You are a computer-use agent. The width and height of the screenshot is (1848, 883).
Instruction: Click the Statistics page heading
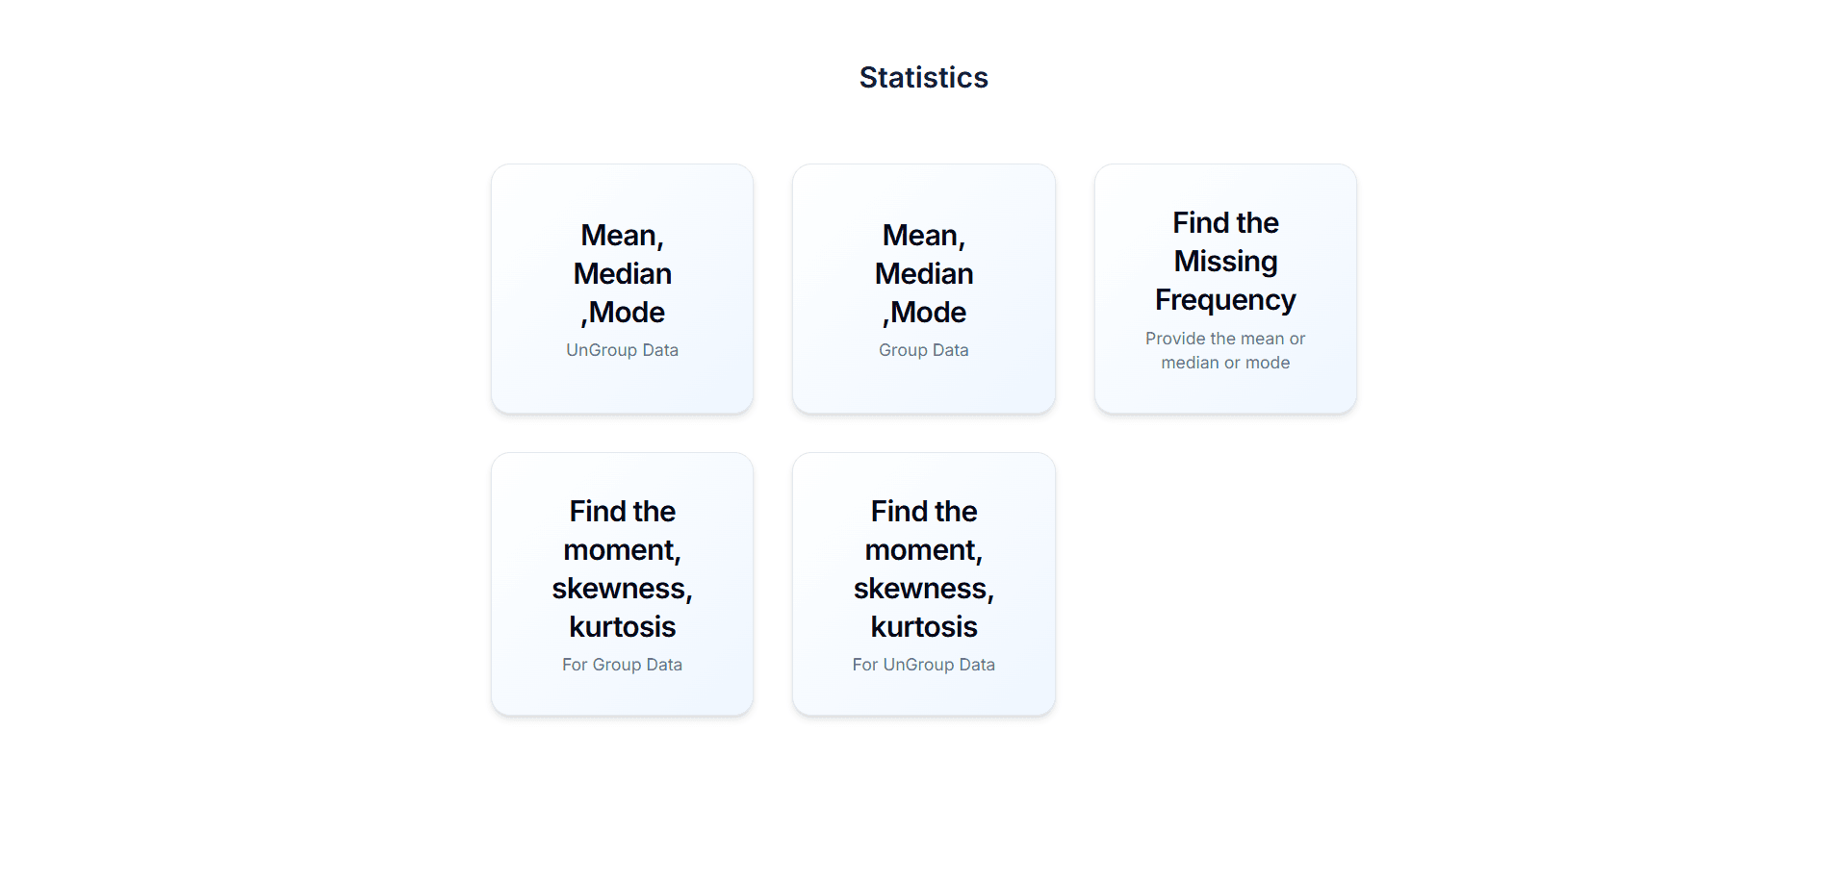tap(923, 77)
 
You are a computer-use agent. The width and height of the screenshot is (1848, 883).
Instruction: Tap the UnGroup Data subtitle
tap(622, 350)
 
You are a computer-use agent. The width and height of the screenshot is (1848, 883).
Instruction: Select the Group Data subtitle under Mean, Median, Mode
tap(923, 350)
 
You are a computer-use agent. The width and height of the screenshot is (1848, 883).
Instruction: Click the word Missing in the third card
tap(1225, 262)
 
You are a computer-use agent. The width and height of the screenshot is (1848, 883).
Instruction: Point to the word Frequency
tap(1225, 300)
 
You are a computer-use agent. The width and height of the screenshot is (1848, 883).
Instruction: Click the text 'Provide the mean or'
tap(1225, 339)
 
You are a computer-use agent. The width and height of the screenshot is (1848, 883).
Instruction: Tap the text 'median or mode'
tap(1225, 363)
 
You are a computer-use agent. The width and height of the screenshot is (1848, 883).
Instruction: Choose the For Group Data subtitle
tap(622, 665)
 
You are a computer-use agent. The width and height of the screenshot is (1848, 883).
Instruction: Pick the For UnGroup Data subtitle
tap(923, 665)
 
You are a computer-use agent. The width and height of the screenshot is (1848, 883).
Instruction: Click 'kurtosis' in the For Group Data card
tap(622, 627)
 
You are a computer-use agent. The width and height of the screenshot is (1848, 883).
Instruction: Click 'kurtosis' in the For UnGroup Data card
tap(923, 627)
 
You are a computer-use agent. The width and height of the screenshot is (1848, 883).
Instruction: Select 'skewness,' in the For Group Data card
tap(622, 589)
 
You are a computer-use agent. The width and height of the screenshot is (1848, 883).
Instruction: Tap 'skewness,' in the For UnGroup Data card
tap(923, 589)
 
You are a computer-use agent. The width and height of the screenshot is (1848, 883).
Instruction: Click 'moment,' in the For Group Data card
tap(622, 550)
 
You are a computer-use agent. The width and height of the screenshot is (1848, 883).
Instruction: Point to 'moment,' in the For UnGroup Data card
tap(923, 550)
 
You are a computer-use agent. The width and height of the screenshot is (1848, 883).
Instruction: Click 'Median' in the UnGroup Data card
tap(622, 274)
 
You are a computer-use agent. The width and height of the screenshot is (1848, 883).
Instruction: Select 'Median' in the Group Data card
tap(923, 274)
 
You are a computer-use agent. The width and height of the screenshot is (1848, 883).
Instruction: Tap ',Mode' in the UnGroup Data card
tap(624, 313)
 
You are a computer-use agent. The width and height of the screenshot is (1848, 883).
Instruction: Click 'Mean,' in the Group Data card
tap(923, 236)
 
